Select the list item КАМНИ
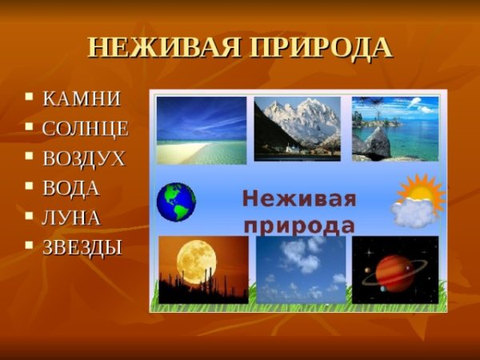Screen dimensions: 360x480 (82, 99)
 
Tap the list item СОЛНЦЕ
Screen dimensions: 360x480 (86, 129)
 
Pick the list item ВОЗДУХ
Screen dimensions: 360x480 (84, 158)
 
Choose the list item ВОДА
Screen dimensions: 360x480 (71, 188)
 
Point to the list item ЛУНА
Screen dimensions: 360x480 (71, 218)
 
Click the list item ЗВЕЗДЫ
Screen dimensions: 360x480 (82, 247)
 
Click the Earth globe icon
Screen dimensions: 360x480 (176, 202)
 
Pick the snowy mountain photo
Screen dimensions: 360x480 (297, 128)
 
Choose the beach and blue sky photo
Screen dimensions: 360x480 (201, 129)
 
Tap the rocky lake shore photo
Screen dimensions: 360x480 (395, 128)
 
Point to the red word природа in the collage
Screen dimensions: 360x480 (299, 223)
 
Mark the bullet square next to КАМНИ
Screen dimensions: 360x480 (30, 98)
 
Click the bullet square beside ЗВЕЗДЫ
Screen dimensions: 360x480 (30, 246)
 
